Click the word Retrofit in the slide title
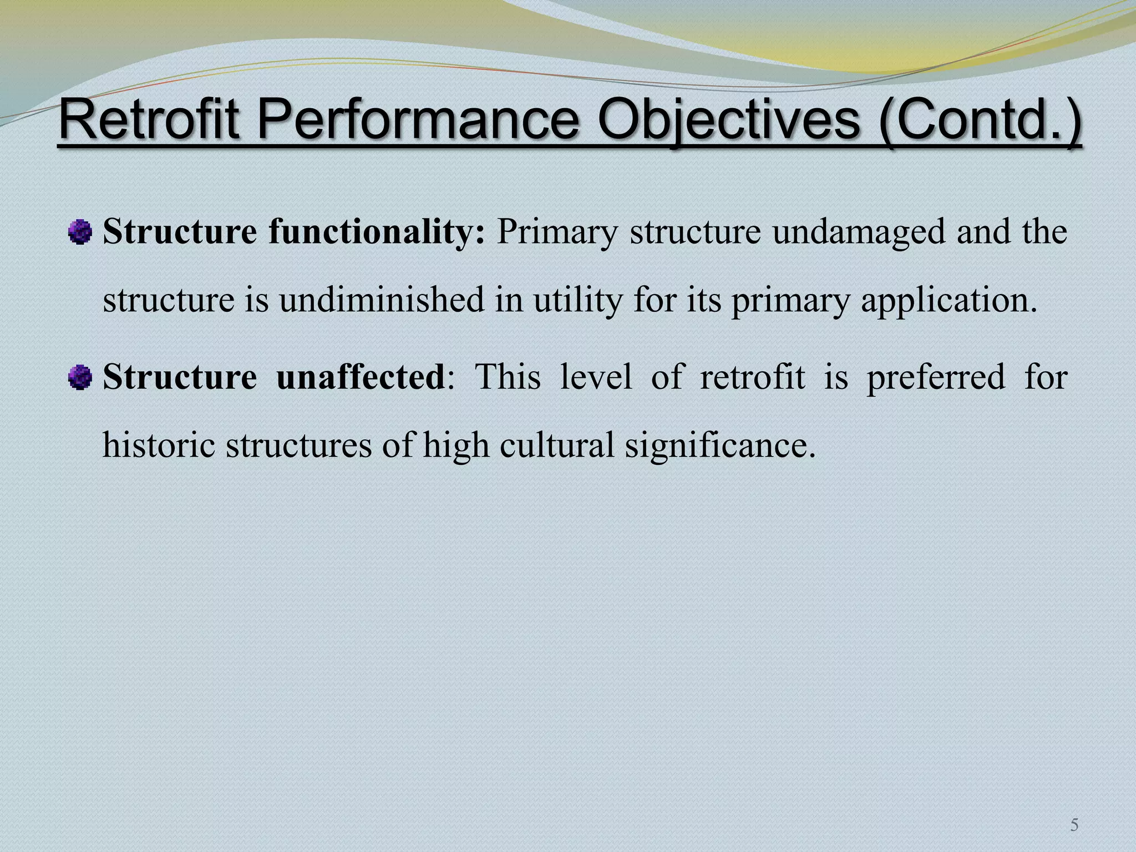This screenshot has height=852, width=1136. [149, 120]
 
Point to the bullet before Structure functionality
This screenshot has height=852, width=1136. [80, 232]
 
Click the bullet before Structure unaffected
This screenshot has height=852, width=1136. [80, 379]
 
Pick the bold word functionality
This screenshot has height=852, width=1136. [377, 232]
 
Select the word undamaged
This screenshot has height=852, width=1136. [859, 232]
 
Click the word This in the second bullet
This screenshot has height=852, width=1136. [508, 377]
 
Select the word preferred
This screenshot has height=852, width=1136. [936, 377]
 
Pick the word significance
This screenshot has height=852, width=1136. [720, 445]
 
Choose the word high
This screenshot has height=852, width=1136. [456, 445]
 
